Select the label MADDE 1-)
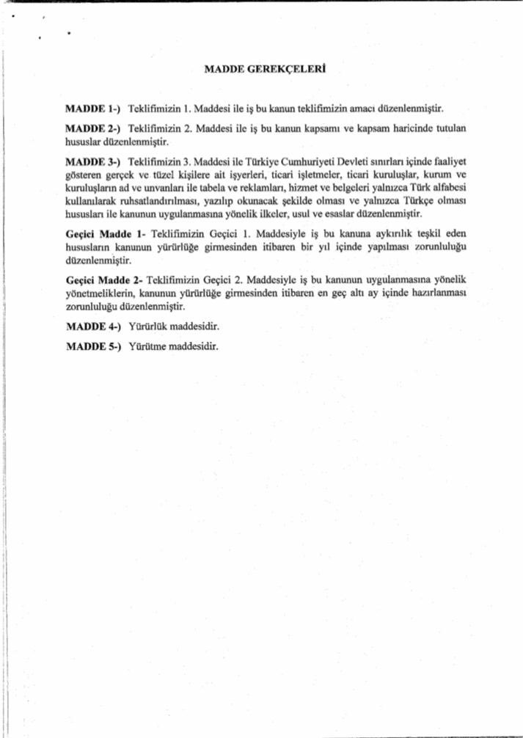point(88,108)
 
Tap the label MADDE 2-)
point(88,128)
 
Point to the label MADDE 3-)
point(88,160)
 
